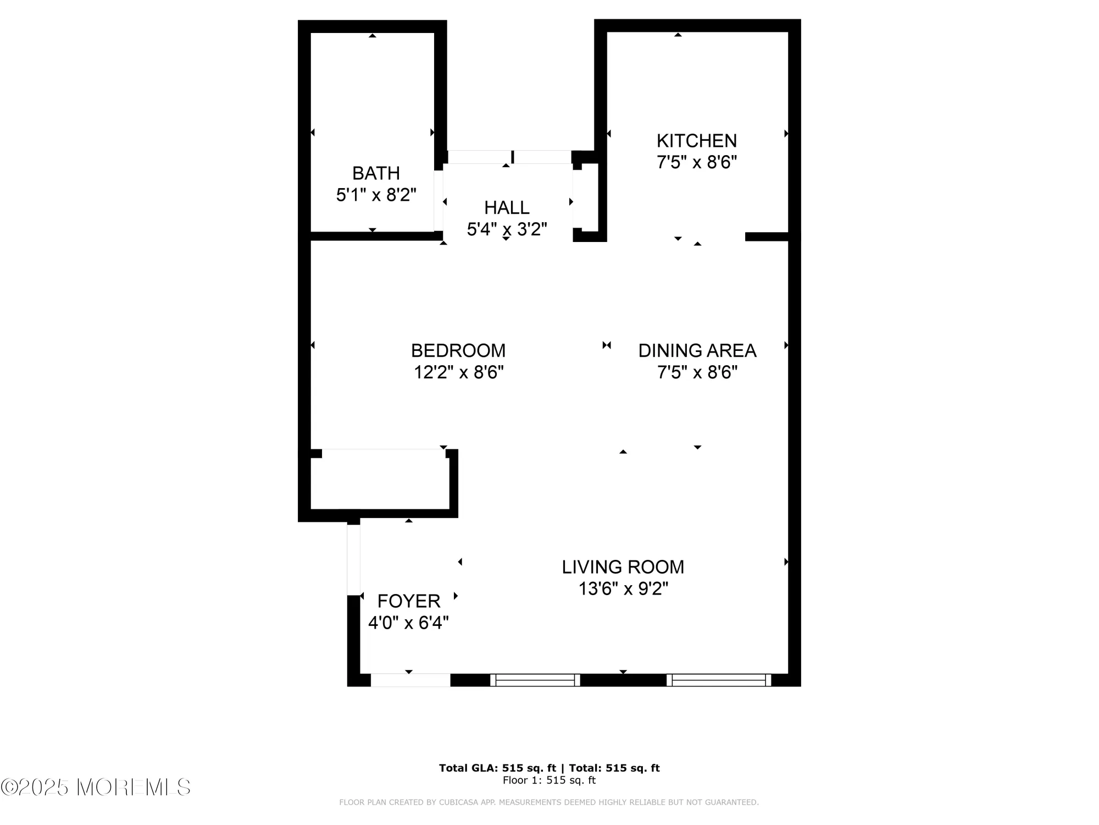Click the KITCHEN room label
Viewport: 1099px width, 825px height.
click(696, 141)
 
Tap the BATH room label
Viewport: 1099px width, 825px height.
click(376, 173)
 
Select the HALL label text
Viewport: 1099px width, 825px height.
click(507, 207)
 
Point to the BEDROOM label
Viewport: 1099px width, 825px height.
click(458, 350)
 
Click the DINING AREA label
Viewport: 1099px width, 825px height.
click(697, 350)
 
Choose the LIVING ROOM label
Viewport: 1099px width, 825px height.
click(623, 567)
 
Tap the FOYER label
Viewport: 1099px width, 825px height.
click(409, 601)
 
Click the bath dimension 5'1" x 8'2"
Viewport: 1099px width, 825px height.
click(376, 195)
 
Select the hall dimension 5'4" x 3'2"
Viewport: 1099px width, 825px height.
click(507, 229)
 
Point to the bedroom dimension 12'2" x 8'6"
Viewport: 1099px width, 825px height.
click(458, 372)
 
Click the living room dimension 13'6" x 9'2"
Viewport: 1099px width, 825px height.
click(623, 589)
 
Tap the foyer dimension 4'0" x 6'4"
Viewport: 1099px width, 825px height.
click(408, 623)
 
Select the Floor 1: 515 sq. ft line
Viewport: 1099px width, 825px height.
click(549, 780)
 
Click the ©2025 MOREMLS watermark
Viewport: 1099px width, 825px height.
click(96, 787)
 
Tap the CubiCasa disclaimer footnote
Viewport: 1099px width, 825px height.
click(548, 802)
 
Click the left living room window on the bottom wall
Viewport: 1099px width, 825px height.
click(535, 680)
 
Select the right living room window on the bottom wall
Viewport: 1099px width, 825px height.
click(719, 680)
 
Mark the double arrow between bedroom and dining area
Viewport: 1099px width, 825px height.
click(607, 345)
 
